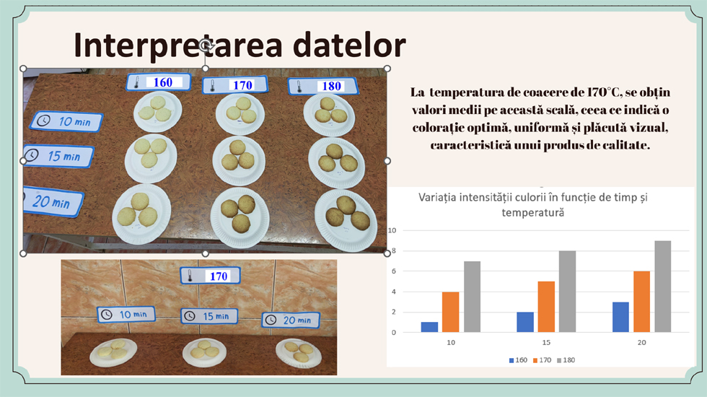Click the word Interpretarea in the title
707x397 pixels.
click(x=178, y=45)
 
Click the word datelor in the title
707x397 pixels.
click(x=349, y=45)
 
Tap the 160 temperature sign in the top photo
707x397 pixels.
click(x=158, y=82)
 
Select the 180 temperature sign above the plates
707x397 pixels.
click(x=323, y=86)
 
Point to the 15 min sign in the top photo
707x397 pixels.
click(x=58, y=156)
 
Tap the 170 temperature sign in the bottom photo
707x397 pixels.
click(x=210, y=276)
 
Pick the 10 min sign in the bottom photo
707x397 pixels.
click(x=126, y=315)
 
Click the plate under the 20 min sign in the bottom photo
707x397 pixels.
click(x=299, y=352)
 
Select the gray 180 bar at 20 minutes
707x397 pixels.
click(x=663, y=287)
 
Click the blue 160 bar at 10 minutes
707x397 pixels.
click(x=429, y=327)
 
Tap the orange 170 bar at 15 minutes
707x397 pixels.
click(x=546, y=307)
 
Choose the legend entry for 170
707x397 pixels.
click(x=542, y=360)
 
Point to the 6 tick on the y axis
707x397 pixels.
click(x=394, y=271)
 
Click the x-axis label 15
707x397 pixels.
click(x=546, y=342)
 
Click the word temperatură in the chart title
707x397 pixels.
click(x=533, y=212)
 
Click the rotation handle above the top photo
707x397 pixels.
click(x=206, y=45)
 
